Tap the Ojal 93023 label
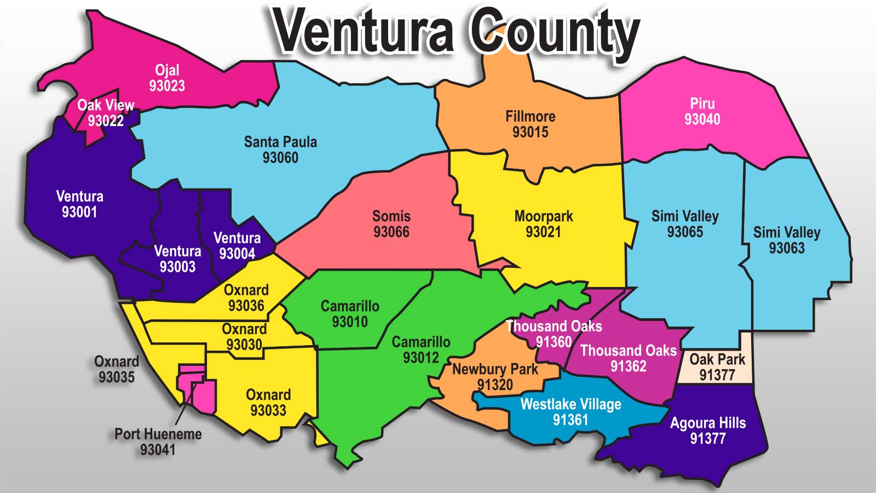167,78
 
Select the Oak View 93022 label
106,113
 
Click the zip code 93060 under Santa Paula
280,158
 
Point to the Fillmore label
530,117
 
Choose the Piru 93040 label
702,111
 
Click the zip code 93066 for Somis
391,232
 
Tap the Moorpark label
543,216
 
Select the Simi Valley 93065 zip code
685,232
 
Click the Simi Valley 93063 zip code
787,248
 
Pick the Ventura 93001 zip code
79,212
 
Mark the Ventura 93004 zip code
237,254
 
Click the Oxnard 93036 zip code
246,306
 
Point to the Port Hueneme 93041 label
158,442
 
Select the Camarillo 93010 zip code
349,322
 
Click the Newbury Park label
495,369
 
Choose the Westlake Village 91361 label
570,412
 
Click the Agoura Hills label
707,423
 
